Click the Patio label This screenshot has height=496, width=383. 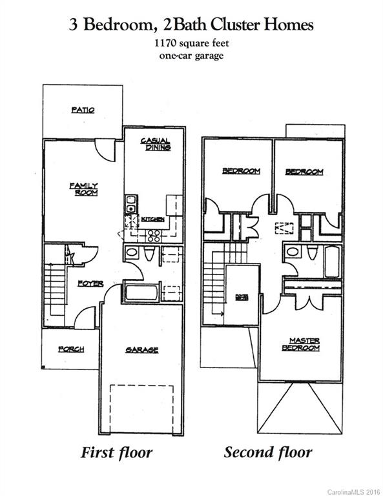point(83,110)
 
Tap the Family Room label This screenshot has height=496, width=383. point(83,189)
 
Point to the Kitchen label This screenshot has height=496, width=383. point(156,220)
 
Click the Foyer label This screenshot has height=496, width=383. point(90,284)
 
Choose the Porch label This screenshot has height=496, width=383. point(71,349)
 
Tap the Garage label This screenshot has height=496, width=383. point(141,350)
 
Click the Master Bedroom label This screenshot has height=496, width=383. point(301,344)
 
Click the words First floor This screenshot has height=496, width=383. point(116,452)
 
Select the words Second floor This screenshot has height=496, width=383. point(267,452)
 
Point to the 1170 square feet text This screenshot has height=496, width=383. point(191,44)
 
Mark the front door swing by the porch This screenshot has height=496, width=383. point(86,318)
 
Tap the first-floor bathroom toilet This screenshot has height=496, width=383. point(149,254)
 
